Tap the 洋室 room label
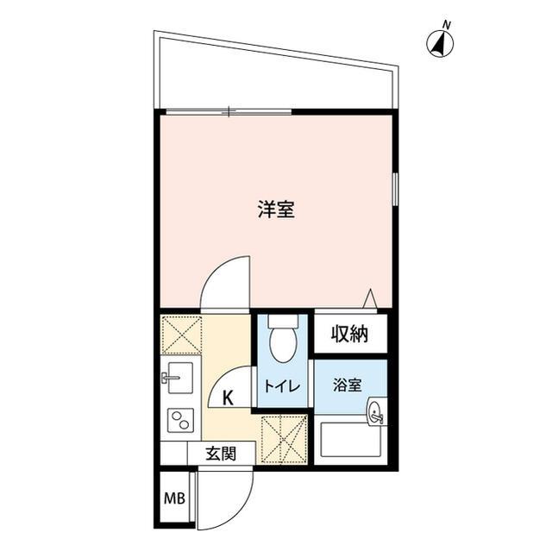[x=276, y=210]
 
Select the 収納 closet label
[x=349, y=334]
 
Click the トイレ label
[x=281, y=388]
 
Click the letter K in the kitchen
[x=228, y=398]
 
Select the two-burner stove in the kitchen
[x=180, y=422]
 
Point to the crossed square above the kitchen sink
[x=181, y=335]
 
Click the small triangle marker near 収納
[x=370, y=297]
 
